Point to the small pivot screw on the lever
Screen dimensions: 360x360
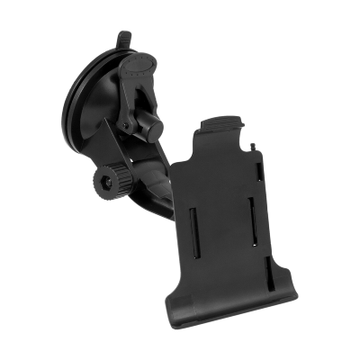point(129,116)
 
